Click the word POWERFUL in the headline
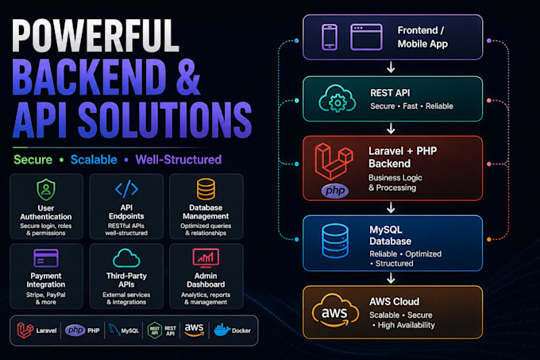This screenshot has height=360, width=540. tap(96, 36)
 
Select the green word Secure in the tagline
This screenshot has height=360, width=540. tap(33, 160)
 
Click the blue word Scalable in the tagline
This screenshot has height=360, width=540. tap(94, 160)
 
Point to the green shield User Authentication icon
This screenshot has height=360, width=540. tap(46, 189)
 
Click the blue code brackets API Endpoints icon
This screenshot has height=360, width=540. tap(126, 189)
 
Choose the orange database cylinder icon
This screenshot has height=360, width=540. tap(206, 189)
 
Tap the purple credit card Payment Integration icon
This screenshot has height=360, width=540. tap(46, 258)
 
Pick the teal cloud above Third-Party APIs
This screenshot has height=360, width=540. tap(126, 258)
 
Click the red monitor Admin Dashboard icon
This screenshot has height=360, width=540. tap(206, 258)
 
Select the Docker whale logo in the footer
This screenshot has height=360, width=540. tap(222, 330)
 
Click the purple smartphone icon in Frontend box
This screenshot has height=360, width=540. tap(330, 37)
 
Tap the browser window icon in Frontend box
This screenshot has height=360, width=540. tap(366, 37)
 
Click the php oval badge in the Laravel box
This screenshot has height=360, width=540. tap(335, 191)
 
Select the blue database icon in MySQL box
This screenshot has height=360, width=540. tap(335, 241)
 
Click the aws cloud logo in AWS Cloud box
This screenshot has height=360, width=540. tap(335, 311)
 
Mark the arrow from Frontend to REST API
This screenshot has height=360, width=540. tap(391, 68)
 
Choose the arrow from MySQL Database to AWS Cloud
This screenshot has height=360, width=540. tap(391, 278)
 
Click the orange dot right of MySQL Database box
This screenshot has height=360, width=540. tap(489, 239)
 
